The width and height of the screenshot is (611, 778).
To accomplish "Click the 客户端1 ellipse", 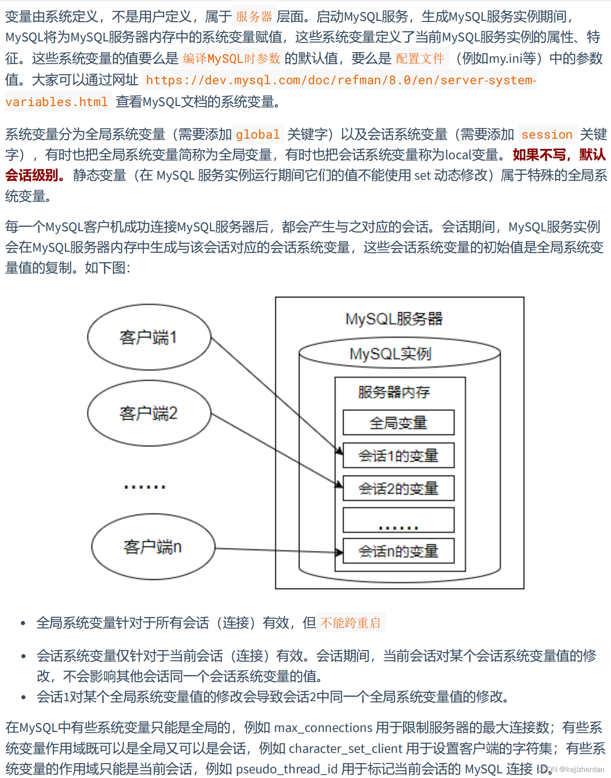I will (149, 337).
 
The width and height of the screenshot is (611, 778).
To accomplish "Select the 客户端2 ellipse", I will (149, 413).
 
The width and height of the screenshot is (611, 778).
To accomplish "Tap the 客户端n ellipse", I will (153, 547).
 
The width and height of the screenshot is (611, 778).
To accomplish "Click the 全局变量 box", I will (398, 423).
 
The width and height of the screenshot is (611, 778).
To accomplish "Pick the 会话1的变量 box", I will (398, 456).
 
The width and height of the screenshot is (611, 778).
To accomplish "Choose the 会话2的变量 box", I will (398, 488).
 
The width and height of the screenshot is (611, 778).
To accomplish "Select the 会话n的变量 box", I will (398, 551).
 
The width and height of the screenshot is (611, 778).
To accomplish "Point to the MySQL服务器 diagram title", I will (394, 319).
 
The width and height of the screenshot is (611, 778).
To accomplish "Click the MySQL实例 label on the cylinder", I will (391, 354).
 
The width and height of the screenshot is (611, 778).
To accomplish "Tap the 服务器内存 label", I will (394, 392).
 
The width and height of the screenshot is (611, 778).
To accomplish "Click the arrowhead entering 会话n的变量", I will (339, 552).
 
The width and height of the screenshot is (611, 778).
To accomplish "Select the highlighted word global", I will (258, 134).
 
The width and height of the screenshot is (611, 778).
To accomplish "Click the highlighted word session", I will (547, 134).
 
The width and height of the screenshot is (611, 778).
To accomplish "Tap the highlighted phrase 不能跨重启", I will (351, 623).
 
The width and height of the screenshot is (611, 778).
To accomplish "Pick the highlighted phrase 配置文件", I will (420, 59).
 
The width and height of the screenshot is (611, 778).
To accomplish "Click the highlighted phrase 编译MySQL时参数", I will (232, 59).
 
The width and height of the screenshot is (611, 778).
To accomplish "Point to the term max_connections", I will (324, 727).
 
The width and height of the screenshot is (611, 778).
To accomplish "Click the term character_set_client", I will (345, 748).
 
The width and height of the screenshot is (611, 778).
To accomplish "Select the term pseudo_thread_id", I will (286, 769).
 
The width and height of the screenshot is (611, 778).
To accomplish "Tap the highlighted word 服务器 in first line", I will (254, 17).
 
